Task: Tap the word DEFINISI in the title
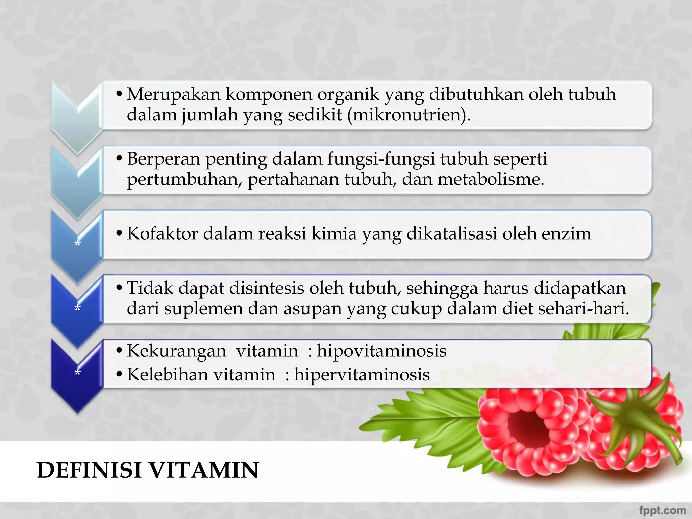click(89, 470)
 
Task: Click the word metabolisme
click(491, 179)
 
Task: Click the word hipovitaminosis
click(381, 351)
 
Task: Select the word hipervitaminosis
click(362, 375)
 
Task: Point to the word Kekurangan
click(176, 351)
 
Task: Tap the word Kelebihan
click(167, 375)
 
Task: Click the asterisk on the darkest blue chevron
click(78, 373)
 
